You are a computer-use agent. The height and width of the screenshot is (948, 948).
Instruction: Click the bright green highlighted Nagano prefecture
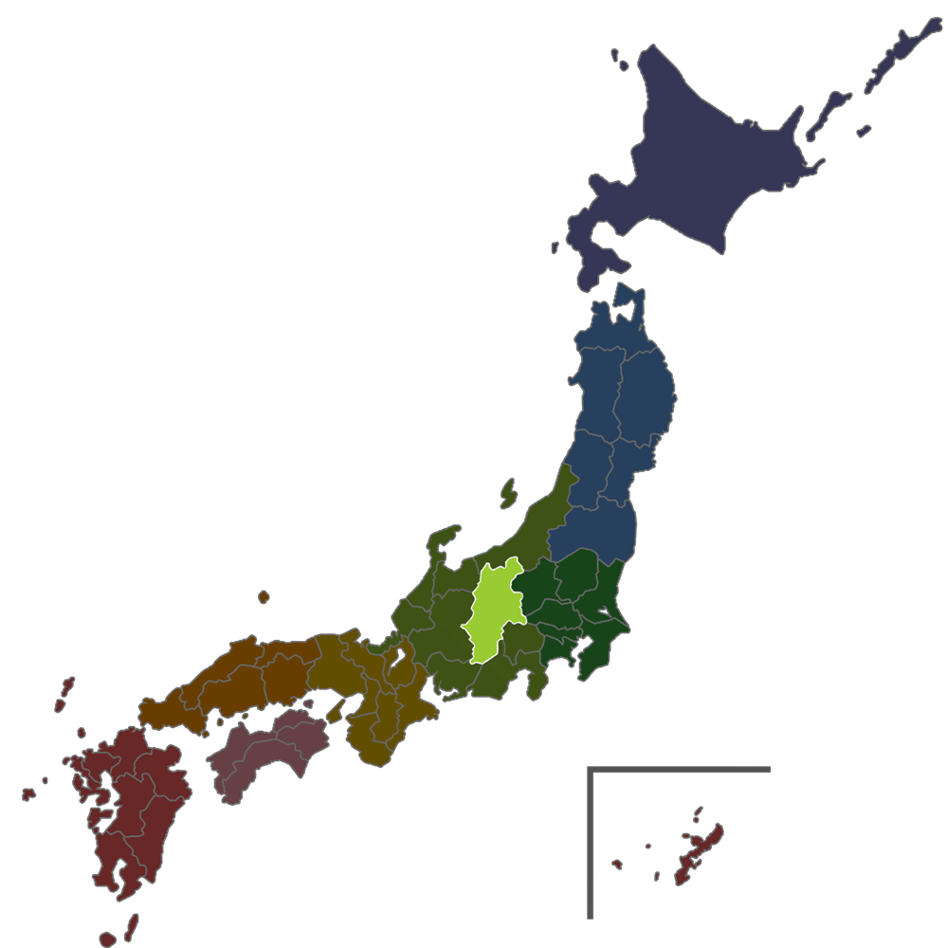pos(495,611)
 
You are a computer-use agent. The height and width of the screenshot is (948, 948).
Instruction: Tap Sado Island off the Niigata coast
pos(508,494)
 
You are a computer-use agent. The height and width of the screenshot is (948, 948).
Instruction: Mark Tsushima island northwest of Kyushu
pos(64,692)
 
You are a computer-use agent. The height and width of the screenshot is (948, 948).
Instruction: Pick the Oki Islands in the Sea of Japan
pos(263,597)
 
